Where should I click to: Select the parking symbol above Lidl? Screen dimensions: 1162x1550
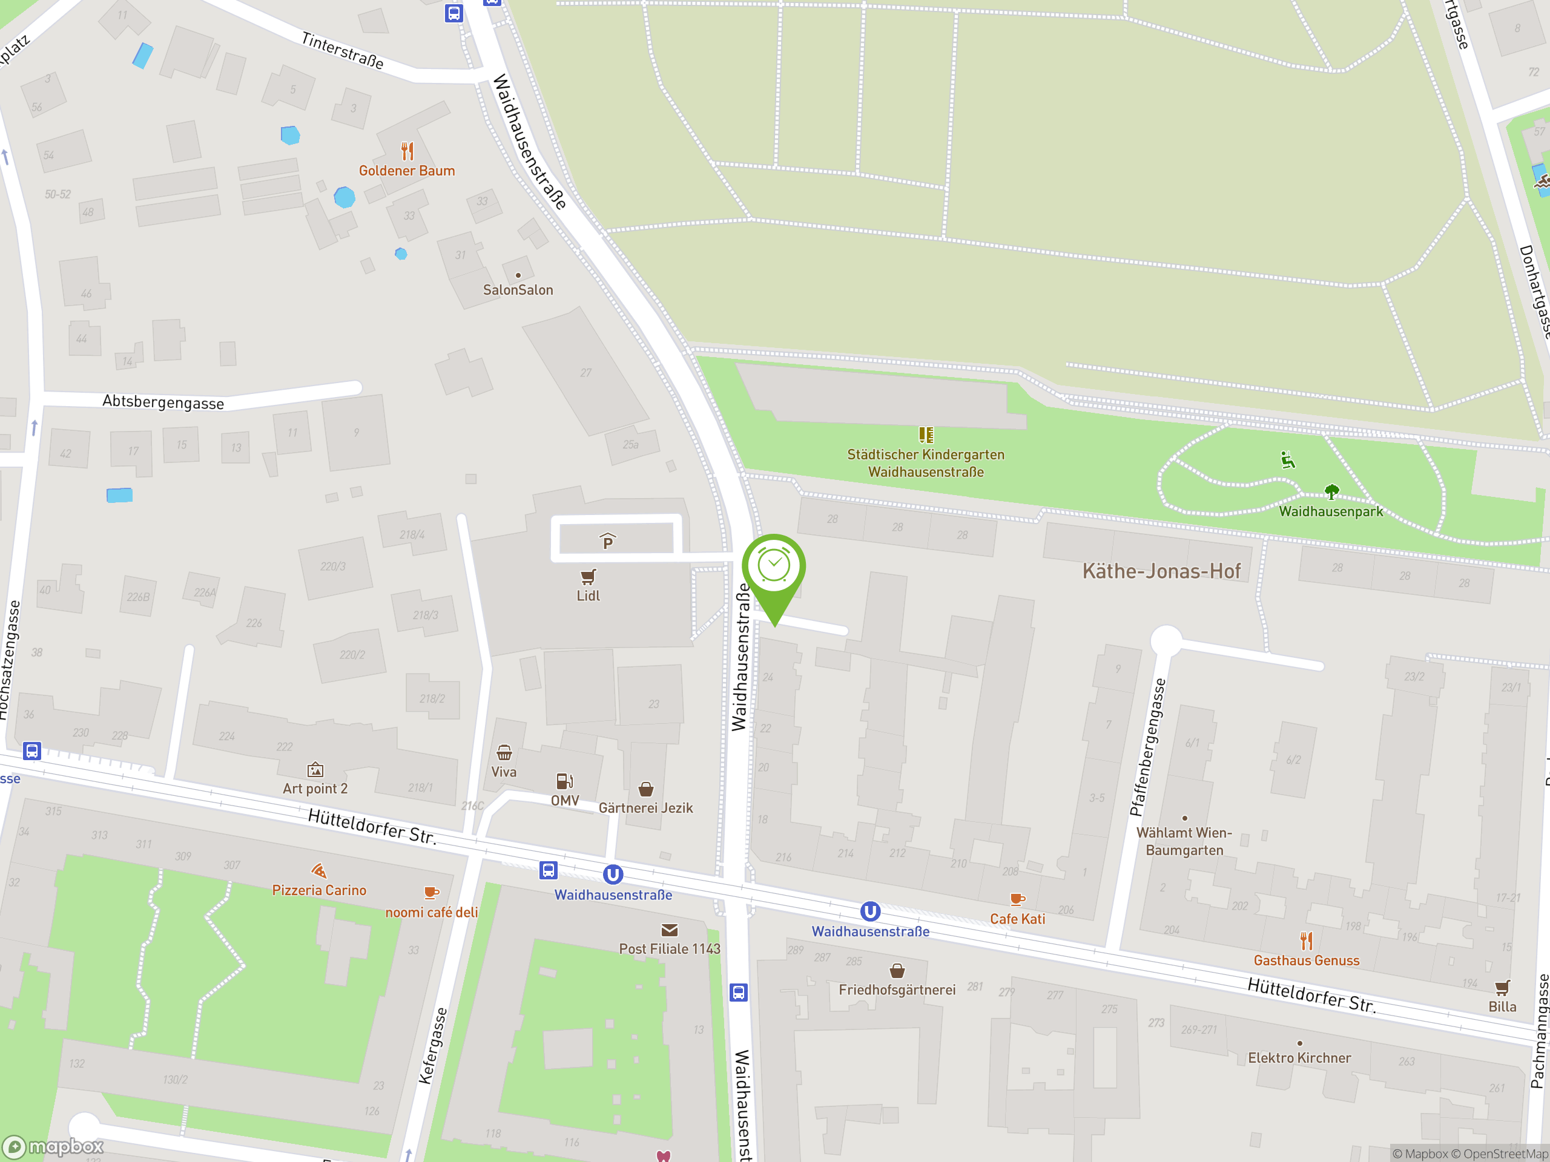[x=607, y=542]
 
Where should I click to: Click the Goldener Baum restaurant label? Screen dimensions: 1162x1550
[x=406, y=171]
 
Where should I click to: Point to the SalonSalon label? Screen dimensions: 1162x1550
[x=518, y=290]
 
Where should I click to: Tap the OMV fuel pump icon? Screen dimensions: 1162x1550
[x=565, y=781]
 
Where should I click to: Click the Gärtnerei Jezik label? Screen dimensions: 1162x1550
[x=645, y=807]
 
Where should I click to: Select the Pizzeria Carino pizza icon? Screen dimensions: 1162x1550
[x=319, y=871]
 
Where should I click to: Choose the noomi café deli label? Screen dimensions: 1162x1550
[x=432, y=912]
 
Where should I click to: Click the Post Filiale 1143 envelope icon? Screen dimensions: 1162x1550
[x=669, y=930]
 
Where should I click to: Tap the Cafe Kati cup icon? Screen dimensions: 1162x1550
[x=1017, y=899]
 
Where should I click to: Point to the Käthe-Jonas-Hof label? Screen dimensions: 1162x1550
[x=1161, y=571]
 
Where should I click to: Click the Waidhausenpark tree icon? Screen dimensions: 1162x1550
[x=1331, y=491]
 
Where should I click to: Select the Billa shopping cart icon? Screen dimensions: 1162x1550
[x=1502, y=988]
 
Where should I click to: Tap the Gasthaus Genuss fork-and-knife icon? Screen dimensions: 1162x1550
[x=1306, y=940]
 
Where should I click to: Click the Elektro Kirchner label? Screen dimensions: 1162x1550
[x=1299, y=1058]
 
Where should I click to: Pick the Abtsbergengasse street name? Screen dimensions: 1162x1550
[x=163, y=402]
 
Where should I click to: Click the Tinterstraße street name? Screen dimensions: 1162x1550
[x=343, y=50]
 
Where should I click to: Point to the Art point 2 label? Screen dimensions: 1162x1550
[x=315, y=789]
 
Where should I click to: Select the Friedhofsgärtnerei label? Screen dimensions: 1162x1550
[x=897, y=990]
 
